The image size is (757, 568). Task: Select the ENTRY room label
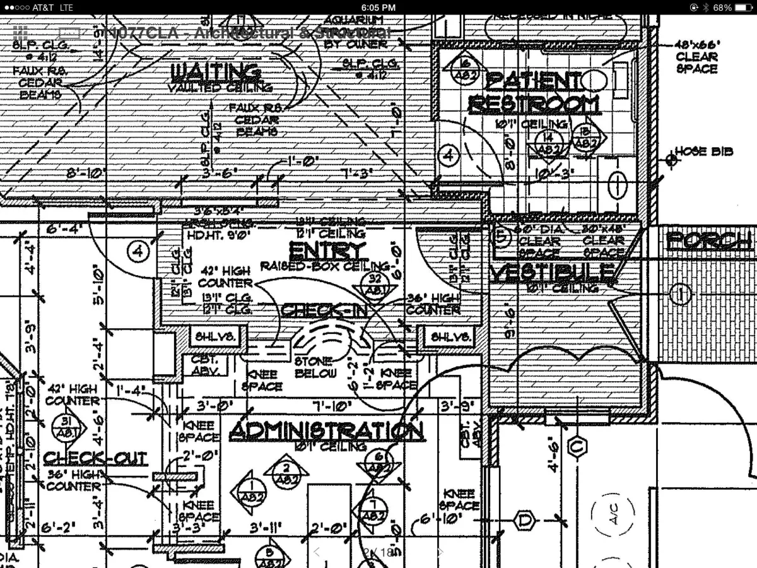(x=327, y=251)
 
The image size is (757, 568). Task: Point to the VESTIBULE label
(x=553, y=273)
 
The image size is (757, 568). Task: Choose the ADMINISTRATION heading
(x=326, y=431)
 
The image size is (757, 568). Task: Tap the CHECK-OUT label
(x=95, y=458)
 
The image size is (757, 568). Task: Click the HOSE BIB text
(x=704, y=151)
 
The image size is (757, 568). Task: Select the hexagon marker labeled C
(x=575, y=445)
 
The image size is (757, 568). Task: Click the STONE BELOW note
(x=314, y=367)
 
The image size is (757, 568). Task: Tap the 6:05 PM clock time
(x=378, y=8)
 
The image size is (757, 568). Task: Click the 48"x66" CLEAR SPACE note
(x=697, y=56)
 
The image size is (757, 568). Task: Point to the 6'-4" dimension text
(x=61, y=228)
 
